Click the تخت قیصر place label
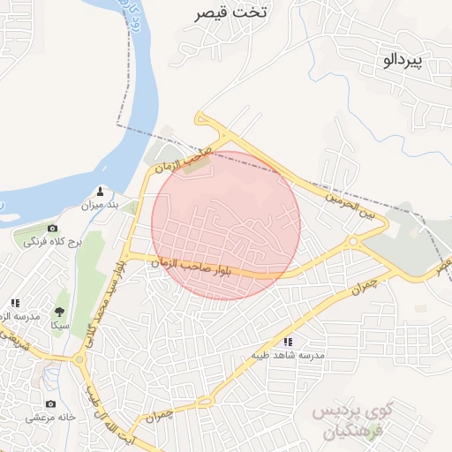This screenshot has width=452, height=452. [234, 13]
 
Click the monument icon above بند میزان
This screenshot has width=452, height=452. [100, 191]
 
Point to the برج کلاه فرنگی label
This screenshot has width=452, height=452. [51, 241]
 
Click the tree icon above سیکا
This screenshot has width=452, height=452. [59, 312]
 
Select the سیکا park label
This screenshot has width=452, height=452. [59, 326]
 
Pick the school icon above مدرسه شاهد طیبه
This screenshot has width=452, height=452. [287, 341]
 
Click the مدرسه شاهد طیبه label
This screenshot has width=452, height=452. [287, 355]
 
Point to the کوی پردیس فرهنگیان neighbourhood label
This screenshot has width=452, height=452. [351, 422]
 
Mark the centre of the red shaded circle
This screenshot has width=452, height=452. [226, 225]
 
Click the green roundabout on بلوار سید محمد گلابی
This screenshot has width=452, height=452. [79, 358]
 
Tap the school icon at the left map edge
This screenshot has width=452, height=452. [15, 303]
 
